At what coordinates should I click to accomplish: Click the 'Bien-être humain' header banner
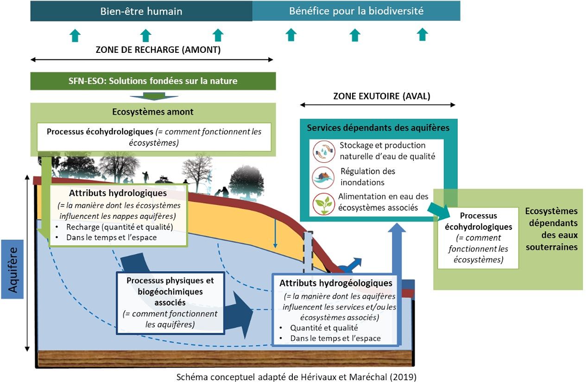pyautogui.click(x=141, y=11)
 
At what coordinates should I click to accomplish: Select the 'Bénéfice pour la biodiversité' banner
pyautogui.click(x=356, y=11)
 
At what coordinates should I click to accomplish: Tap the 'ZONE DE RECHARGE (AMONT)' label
pyautogui.click(x=158, y=50)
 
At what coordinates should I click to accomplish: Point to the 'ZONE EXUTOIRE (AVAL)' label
pyautogui.click(x=382, y=96)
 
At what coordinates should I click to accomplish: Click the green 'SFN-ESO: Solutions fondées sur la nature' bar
pyautogui.click(x=153, y=81)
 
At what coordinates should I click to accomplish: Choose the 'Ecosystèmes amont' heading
pyautogui.click(x=153, y=112)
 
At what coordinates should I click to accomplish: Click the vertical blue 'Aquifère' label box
pyautogui.click(x=13, y=269)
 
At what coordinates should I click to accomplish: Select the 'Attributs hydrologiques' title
pyautogui.click(x=118, y=193)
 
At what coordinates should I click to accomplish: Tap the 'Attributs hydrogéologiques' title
pyautogui.click(x=336, y=283)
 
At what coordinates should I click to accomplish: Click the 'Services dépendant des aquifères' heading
pyautogui.click(x=378, y=128)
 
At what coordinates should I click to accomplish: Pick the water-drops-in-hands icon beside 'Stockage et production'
pyautogui.click(x=324, y=151)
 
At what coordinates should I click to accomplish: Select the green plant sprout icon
pyautogui.click(x=324, y=204)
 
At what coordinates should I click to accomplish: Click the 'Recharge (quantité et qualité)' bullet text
pyautogui.click(x=120, y=227)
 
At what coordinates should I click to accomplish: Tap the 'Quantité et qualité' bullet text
pyautogui.click(x=324, y=328)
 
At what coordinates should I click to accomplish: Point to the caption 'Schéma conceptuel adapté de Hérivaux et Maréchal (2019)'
pyautogui.click(x=297, y=377)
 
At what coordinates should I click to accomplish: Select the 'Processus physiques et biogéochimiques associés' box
pyautogui.click(x=170, y=303)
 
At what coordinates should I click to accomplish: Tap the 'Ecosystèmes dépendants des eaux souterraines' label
pyautogui.click(x=552, y=229)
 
